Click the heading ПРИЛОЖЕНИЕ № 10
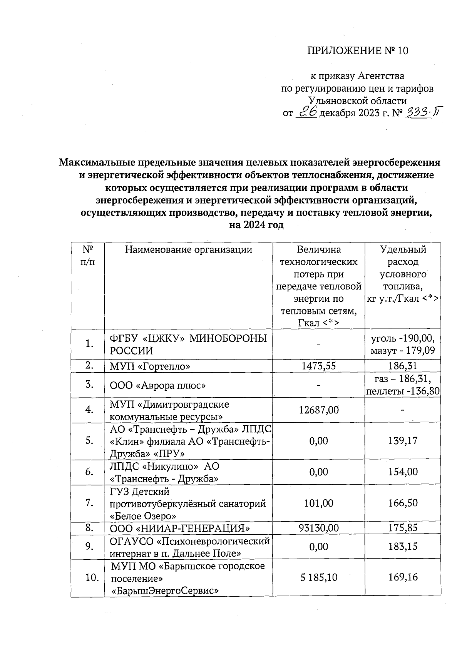pyautogui.click(x=357, y=51)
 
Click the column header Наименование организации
pyautogui.click(x=188, y=250)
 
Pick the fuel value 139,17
pyautogui.click(x=403, y=441)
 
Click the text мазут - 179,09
pyautogui.click(x=403, y=351)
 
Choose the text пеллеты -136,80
pyautogui.click(x=403, y=391)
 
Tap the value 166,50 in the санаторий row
pyautogui.click(x=403, y=503)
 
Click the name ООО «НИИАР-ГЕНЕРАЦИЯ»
pyautogui.click(x=180, y=528)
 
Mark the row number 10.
pyautogui.click(x=92, y=577)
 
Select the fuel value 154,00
pyautogui.click(x=403, y=472)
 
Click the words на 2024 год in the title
pyautogui.click(x=256, y=225)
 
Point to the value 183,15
pyautogui.click(x=403, y=547)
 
